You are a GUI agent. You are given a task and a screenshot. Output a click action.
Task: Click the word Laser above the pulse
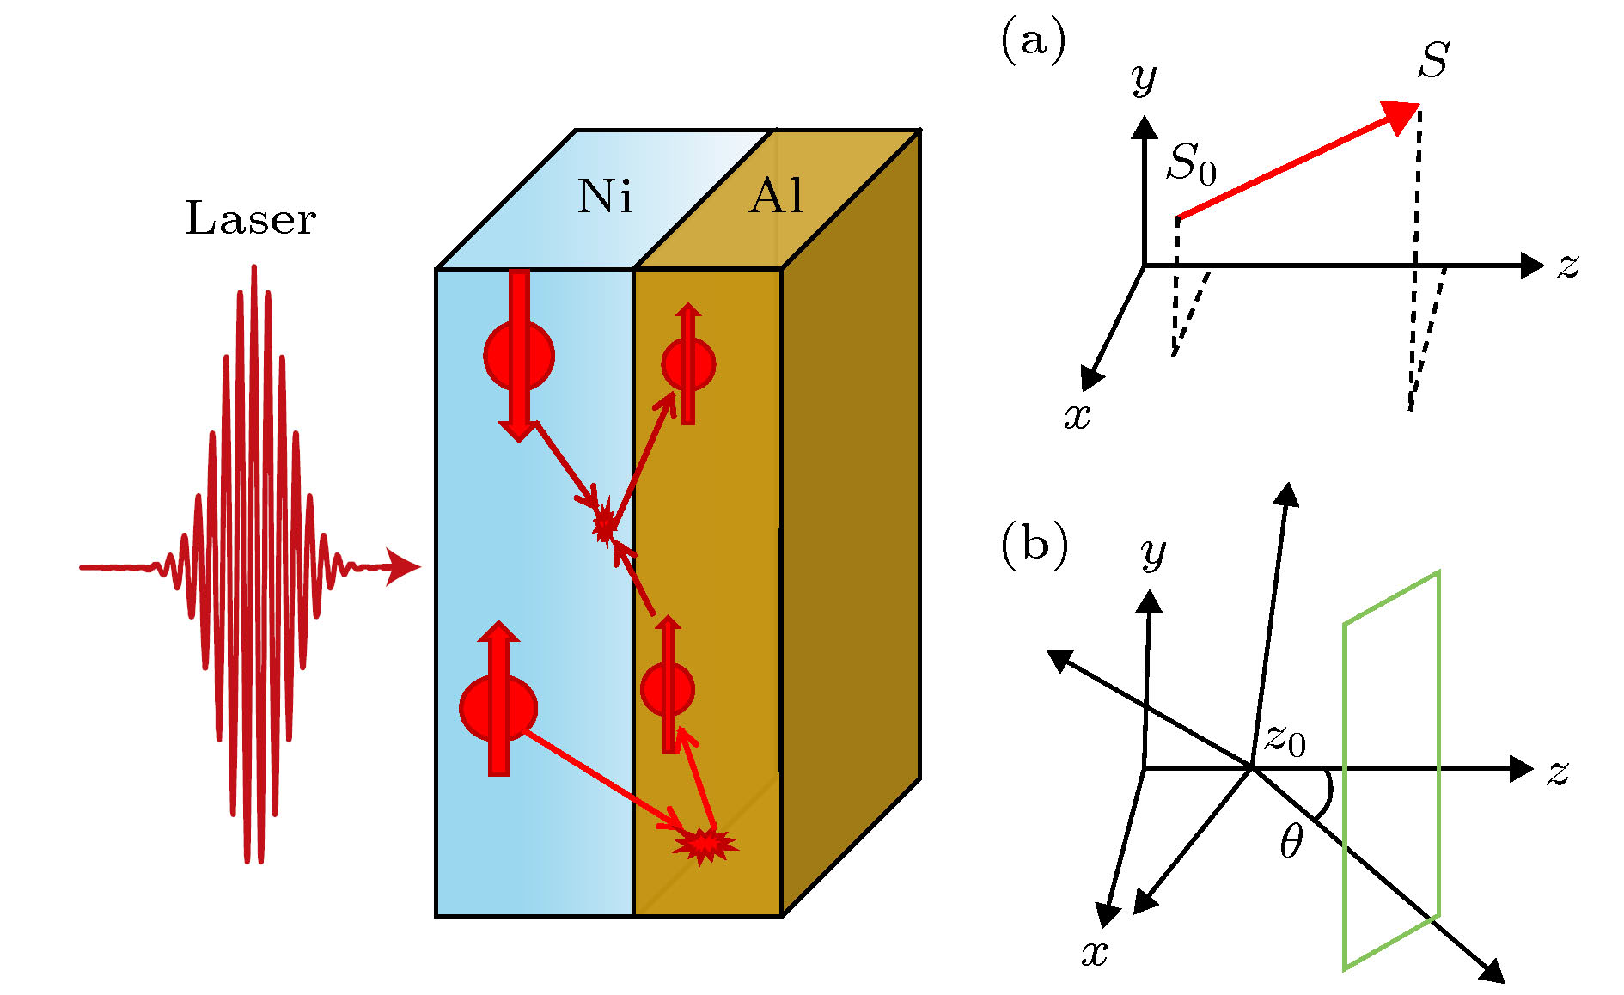250,218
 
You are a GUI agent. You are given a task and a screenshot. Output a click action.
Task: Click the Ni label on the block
605,197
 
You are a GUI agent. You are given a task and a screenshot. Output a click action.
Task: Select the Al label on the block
776,197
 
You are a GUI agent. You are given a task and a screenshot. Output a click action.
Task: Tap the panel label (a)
1033,40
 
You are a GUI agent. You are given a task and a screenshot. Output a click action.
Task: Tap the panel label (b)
1035,545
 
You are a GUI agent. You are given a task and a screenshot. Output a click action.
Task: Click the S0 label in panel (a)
1191,162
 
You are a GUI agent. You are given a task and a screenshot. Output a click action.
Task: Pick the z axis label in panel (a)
1568,266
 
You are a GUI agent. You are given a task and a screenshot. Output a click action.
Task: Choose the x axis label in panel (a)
1077,416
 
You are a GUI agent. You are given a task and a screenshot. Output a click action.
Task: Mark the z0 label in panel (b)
1285,739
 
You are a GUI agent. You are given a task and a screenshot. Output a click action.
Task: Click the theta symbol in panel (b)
1291,841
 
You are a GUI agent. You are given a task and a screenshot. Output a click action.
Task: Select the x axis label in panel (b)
1094,952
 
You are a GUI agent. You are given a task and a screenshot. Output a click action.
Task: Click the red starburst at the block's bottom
704,845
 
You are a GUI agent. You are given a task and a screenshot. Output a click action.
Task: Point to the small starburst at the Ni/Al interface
605,522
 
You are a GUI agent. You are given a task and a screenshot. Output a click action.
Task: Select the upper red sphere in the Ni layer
519,356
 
